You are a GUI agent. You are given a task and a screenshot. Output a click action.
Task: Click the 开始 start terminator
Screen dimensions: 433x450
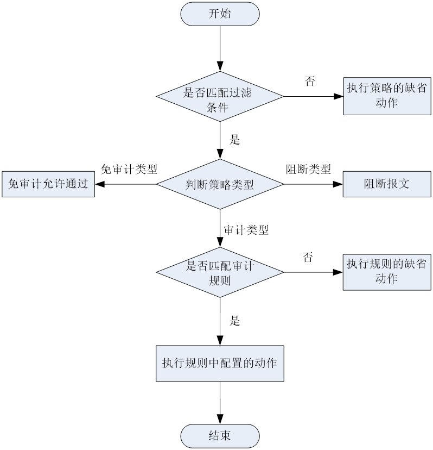click(x=220, y=14)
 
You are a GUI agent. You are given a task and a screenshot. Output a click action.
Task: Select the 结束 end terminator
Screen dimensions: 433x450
click(x=220, y=436)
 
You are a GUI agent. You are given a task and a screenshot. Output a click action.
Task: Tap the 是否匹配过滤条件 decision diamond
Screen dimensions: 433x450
click(x=220, y=96)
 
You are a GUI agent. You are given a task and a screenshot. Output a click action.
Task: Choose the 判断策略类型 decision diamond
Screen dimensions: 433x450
click(x=220, y=184)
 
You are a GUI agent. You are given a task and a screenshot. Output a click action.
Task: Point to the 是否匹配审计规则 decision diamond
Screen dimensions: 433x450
click(x=220, y=272)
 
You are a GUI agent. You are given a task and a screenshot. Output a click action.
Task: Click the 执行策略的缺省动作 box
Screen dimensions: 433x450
click(x=387, y=96)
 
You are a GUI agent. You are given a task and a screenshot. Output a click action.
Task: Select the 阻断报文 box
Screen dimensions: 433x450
click(x=387, y=184)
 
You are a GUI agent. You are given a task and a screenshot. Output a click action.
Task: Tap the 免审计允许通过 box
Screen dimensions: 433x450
click(x=48, y=184)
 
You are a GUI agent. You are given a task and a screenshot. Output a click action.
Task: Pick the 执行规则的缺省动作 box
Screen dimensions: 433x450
click(x=387, y=272)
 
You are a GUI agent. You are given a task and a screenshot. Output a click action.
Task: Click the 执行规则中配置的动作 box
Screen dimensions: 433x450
click(x=220, y=364)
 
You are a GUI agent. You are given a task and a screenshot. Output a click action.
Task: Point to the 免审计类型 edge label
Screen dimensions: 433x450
click(x=129, y=170)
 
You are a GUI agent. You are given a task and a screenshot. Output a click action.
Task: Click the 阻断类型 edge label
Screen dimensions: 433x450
click(x=308, y=170)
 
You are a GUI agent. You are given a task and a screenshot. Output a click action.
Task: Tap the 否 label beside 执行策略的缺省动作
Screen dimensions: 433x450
click(x=310, y=81)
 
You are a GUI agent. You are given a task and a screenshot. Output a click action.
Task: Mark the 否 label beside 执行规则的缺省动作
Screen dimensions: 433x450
click(x=308, y=257)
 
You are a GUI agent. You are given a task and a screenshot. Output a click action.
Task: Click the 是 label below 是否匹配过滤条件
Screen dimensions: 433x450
click(x=234, y=140)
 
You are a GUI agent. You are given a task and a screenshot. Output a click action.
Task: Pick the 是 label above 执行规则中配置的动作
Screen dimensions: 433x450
click(x=234, y=321)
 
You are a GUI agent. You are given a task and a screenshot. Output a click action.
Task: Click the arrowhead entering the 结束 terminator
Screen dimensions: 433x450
click(x=220, y=419)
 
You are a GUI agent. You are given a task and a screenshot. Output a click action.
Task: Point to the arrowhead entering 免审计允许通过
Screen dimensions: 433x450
click(x=100, y=184)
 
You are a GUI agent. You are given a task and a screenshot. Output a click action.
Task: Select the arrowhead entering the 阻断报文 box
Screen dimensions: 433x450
click(x=338, y=184)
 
